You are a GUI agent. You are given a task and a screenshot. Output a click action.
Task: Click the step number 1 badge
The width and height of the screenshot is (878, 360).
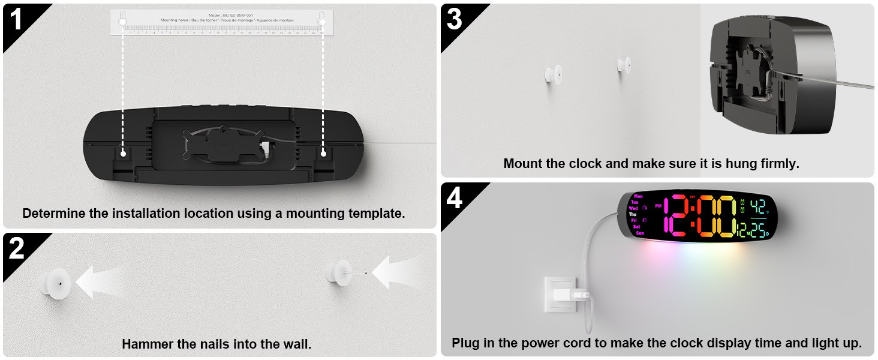pos(16,19)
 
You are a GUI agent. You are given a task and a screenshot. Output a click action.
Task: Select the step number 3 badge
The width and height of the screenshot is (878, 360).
pos(455,19)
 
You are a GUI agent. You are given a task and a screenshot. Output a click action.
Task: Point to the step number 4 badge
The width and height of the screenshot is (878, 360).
pos(455,198)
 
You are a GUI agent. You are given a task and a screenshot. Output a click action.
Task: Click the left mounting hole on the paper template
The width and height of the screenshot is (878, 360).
pos(123,22)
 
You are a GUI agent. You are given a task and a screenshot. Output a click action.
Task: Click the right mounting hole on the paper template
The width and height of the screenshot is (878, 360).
pos(322,22)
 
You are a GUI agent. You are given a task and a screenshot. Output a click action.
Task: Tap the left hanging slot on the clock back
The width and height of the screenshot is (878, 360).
pos(123,154)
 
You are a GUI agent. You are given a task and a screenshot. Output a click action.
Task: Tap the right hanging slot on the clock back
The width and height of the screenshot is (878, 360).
pos(323,154)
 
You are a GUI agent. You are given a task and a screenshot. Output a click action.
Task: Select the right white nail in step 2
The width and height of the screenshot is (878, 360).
pos(341,272)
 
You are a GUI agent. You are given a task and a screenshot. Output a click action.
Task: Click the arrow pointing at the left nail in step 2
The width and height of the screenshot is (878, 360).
pos(102,281)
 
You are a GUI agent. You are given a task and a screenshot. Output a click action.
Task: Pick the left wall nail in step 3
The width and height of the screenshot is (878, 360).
pos(552,74)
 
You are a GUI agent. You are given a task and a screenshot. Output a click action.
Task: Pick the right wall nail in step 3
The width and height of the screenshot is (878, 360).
pos(624,64)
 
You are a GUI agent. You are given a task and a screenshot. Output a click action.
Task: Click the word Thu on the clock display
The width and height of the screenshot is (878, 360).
pos(633,214)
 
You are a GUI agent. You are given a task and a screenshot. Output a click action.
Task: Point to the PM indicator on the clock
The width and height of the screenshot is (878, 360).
pos(658,206)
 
